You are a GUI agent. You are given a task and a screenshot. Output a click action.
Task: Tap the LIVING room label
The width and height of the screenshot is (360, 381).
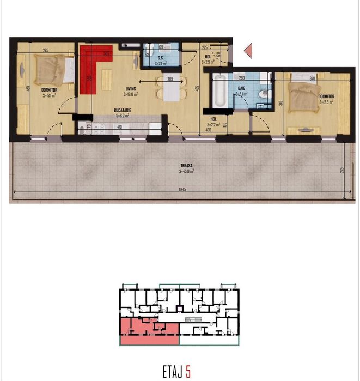pyautogui.click(x=130, y=89)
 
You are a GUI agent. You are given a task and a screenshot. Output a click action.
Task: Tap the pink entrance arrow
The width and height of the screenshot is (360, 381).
pyautogui.click(x=248, y=51)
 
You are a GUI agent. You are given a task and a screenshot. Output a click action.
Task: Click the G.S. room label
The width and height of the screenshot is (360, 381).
pyautogui.click(x=161, y=57)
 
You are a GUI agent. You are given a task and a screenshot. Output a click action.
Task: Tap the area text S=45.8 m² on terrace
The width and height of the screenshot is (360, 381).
pyautogui.click(x=186, y=171)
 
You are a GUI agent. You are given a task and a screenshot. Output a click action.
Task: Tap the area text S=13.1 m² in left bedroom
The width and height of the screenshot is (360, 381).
pyautogui.click(x=36, y=95)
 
